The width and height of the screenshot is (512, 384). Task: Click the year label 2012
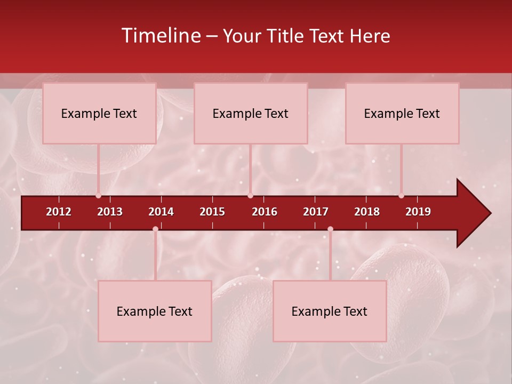(59, 212)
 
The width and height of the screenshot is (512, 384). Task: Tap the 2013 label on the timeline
(110, 212)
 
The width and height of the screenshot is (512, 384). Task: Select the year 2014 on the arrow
(161, 212)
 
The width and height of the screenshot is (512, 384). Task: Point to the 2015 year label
(212, 212)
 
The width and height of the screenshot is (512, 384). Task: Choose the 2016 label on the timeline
(265, 212)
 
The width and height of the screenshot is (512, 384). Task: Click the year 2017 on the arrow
(316, 212)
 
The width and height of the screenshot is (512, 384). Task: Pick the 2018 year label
(367, 212)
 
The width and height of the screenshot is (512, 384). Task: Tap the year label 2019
(418, 212)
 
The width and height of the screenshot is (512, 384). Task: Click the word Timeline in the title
(160, 36)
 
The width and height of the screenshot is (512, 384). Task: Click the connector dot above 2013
(98, 196)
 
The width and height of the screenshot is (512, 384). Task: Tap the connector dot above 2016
(250, 196)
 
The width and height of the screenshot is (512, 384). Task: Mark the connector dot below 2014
(155, 229)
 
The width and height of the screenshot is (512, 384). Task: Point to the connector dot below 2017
(330, 229)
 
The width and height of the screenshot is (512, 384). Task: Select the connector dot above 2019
(401, 196)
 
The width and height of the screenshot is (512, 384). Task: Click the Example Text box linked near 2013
(99, 114)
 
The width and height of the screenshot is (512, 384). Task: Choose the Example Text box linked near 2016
(251, 114)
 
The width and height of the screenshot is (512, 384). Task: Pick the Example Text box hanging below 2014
(155, 311)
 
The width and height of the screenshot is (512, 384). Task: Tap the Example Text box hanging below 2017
(330, 311)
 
